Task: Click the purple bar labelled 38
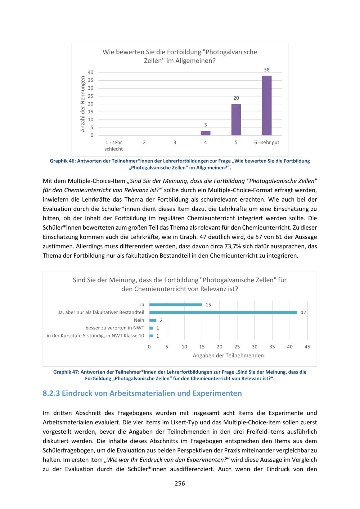(x=267, y=105)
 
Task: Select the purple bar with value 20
(x=236, y=120)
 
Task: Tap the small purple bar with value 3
(x=206, y=133)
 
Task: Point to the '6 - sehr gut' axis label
(x=267, y=143)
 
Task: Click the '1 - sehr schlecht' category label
(x=114, y=146)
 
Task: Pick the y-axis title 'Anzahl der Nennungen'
(x=83, y=104)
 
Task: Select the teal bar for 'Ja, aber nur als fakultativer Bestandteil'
(x=223, y=312)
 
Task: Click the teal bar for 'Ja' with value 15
(x=176, y=305)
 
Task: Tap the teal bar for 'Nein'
(x=153, y=320)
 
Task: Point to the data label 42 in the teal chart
(x=303, y=312)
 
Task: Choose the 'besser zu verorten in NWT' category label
(x=115, y=328)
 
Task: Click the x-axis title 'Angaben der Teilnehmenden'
(x=228, y=356)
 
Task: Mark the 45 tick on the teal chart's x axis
(x=307, y=347)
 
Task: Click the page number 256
(x=180, y=483)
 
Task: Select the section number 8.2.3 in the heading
(x=51, y=393)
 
